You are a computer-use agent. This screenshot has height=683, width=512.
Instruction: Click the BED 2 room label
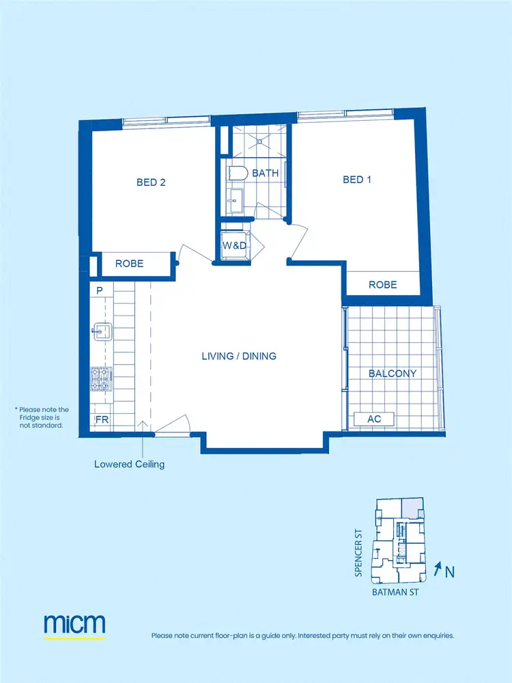coord(151,182)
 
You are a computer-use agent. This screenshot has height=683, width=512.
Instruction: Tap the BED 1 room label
coord(356,180)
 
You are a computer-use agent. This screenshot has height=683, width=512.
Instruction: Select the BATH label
coord(266,173)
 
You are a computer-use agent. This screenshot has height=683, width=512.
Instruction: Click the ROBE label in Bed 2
coord(129,263)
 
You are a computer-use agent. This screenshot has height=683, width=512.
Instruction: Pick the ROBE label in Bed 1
coord(382,285)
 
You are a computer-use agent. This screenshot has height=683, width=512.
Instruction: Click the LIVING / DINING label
coord(239,357)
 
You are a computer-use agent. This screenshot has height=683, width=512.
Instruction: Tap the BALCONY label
coord(393,374)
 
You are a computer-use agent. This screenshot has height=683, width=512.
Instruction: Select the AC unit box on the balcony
coord(374,419)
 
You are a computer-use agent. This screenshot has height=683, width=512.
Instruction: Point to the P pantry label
coord(100,291)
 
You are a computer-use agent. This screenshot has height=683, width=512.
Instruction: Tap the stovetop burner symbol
coord(100,378)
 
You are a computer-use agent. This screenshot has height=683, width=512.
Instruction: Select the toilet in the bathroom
coord(236,173)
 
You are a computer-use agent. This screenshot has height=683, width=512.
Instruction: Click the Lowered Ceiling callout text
coord(129,464)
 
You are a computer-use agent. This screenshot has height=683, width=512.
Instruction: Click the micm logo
coord(74,624)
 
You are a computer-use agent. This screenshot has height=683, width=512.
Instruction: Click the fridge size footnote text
coord(42,417)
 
